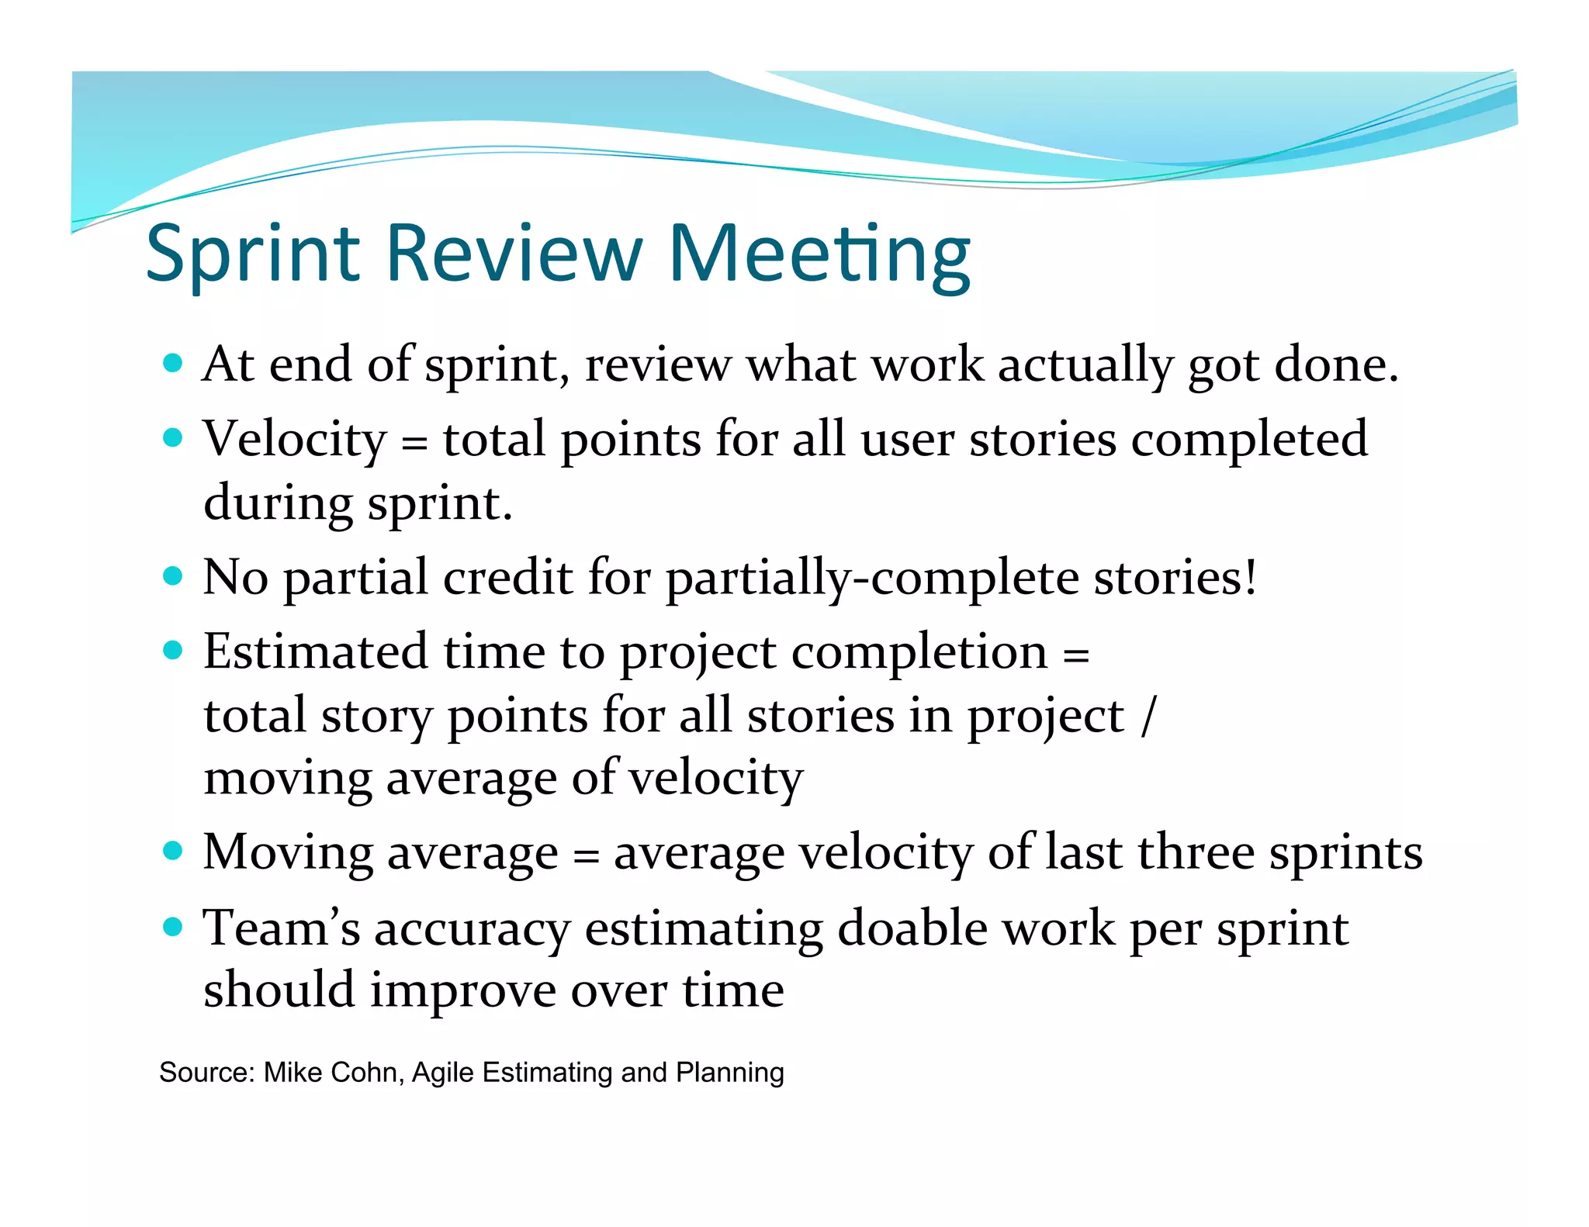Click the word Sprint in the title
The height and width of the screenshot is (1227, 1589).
[x=253, y=254]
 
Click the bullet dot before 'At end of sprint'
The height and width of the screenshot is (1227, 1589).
[x=173, y=363]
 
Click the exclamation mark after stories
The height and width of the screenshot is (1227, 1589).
[x=1250, y=577]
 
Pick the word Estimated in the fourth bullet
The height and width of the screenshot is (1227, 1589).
[x=315, y=652]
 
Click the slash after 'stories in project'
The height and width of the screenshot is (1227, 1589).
[x=1149, y=715]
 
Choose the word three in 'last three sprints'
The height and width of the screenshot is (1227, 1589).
[x=1196, y=853]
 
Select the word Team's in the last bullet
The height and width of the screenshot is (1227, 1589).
[x=281, y=928]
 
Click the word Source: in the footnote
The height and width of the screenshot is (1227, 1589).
[x=207, y=1073]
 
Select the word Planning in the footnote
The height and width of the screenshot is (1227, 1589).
[x=729, y=1073]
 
